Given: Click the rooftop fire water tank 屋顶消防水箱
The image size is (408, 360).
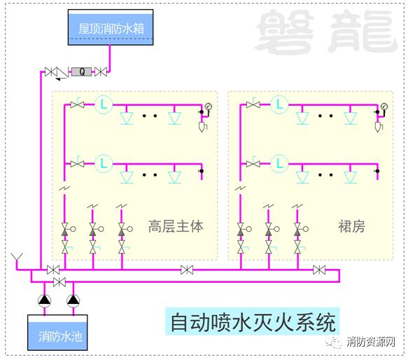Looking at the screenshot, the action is (x=111, y=27).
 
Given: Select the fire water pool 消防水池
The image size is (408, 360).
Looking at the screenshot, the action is (x=57, y=333).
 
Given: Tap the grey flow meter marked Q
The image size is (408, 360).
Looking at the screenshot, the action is (x=82, y=71).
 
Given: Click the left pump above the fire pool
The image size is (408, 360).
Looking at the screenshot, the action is (x=45, y=301).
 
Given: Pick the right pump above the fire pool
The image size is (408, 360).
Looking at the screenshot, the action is (x=73, y=301).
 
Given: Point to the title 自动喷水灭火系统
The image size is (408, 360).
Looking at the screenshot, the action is (x=253, y=322).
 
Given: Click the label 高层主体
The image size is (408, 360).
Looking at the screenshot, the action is (x=176, y=226).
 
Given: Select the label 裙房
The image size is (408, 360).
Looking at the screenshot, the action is (x=351, y=226).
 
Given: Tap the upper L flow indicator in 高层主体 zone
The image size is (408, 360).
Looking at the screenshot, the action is (x=104, y=105).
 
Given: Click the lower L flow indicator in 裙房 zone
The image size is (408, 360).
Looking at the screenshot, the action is (x=279, y=164).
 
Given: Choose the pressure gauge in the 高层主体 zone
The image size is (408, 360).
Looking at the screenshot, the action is (x=209, y=106).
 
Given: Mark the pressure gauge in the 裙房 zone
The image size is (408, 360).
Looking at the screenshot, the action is (x=384, y=106).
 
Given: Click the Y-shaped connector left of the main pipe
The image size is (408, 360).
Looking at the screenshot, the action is (x=17, y=258).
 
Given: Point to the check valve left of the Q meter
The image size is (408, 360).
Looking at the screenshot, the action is (x=62, y=72).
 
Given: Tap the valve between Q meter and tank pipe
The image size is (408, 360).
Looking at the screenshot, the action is (x=101, y=71).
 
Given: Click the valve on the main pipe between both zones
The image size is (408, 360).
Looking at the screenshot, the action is (x=187, y=270).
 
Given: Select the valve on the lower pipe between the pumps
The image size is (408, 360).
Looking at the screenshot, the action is (x=59, y=282).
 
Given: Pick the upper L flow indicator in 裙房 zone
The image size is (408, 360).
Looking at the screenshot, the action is (x=279, y=105).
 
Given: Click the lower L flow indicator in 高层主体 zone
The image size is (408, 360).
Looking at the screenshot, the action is (x=104, y=164).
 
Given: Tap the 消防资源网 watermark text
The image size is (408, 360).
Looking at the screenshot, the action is (x=371, y=342).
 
